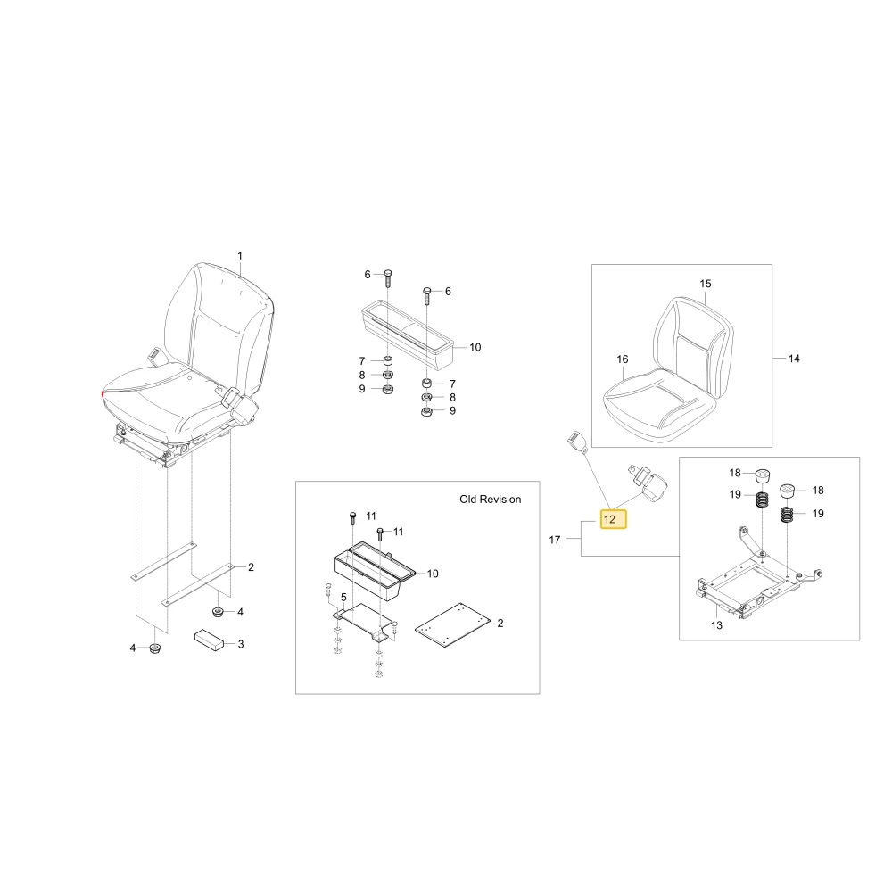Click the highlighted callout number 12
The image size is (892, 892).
tap(614, 519)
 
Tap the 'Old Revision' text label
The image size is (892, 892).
tap(491, 500)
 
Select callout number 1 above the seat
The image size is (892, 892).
tap(240, 256)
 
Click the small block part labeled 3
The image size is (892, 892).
tap(209, 640)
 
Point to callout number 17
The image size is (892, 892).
tap(555, 540)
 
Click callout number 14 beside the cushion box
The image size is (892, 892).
tap(794, 359)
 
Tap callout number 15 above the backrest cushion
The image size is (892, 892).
tap(706, 284)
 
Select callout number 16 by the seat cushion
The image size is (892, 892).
tap(623, 359)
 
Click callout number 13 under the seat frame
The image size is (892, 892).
tap(717, 625)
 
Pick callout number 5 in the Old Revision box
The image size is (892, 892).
tap(343, 598)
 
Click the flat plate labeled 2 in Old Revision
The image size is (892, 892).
tap(452, 625)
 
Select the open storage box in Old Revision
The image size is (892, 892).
tap(375, 571)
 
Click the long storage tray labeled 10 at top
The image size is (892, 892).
tap(408, 334)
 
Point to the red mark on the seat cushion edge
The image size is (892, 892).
tap(103, 393)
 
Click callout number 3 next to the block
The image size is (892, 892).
tap(241, 644)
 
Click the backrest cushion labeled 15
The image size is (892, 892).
tap(694, 347)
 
